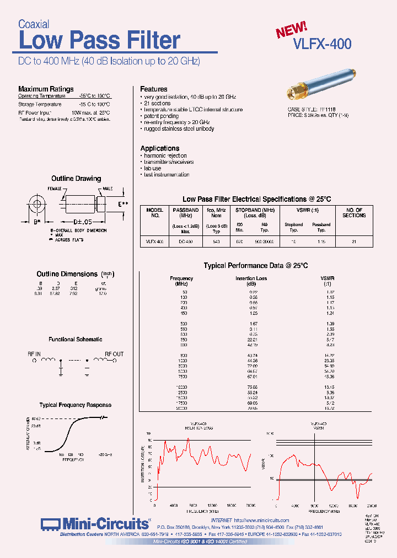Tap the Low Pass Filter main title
tap(99, 41)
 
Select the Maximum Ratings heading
tap(46, 89)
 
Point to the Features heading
tap(154, 89)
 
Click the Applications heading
tap(159, 148)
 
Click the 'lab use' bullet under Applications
tap(152, 168)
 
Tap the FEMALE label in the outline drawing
tap(54, 189)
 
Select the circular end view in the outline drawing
tap(37, 205)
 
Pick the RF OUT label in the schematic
tap(114, 354)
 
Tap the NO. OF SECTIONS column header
tap(354, 213)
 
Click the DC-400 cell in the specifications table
tap(186, 242)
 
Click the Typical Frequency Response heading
tap(76, 405)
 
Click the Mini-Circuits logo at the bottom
tap(95, 523)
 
